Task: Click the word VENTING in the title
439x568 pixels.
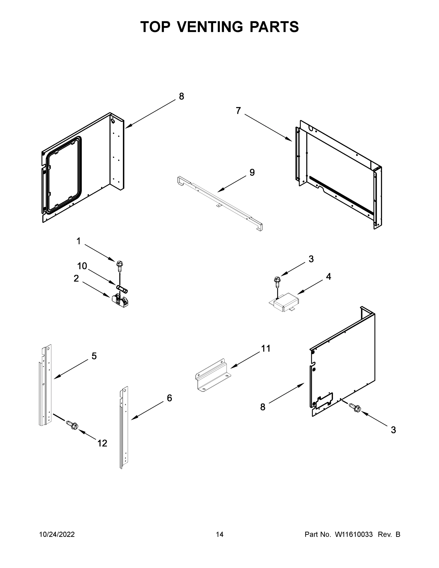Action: point(210,27)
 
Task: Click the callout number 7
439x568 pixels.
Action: point(238,111)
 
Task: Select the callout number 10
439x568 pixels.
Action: point(82,266)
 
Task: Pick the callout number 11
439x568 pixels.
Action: point(266,348)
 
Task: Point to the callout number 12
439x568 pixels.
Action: point(102,443)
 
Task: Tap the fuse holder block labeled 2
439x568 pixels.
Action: point(120,302)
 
